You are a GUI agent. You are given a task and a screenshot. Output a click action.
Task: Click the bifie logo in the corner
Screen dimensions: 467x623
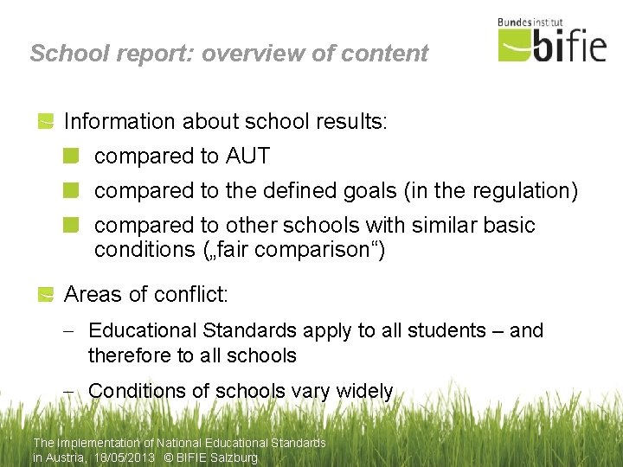pos(552,44)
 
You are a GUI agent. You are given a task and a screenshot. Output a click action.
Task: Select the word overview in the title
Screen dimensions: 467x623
pos(241,54)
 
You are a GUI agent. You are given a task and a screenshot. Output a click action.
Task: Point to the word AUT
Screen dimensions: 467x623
pos(247,157)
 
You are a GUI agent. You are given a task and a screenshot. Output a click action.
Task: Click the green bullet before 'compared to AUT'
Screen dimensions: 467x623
pos(71,156)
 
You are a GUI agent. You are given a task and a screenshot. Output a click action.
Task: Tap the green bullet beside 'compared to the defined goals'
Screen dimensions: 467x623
pos(71,190)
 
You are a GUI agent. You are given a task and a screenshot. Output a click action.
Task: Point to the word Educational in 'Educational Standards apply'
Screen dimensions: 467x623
pos(142,330)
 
